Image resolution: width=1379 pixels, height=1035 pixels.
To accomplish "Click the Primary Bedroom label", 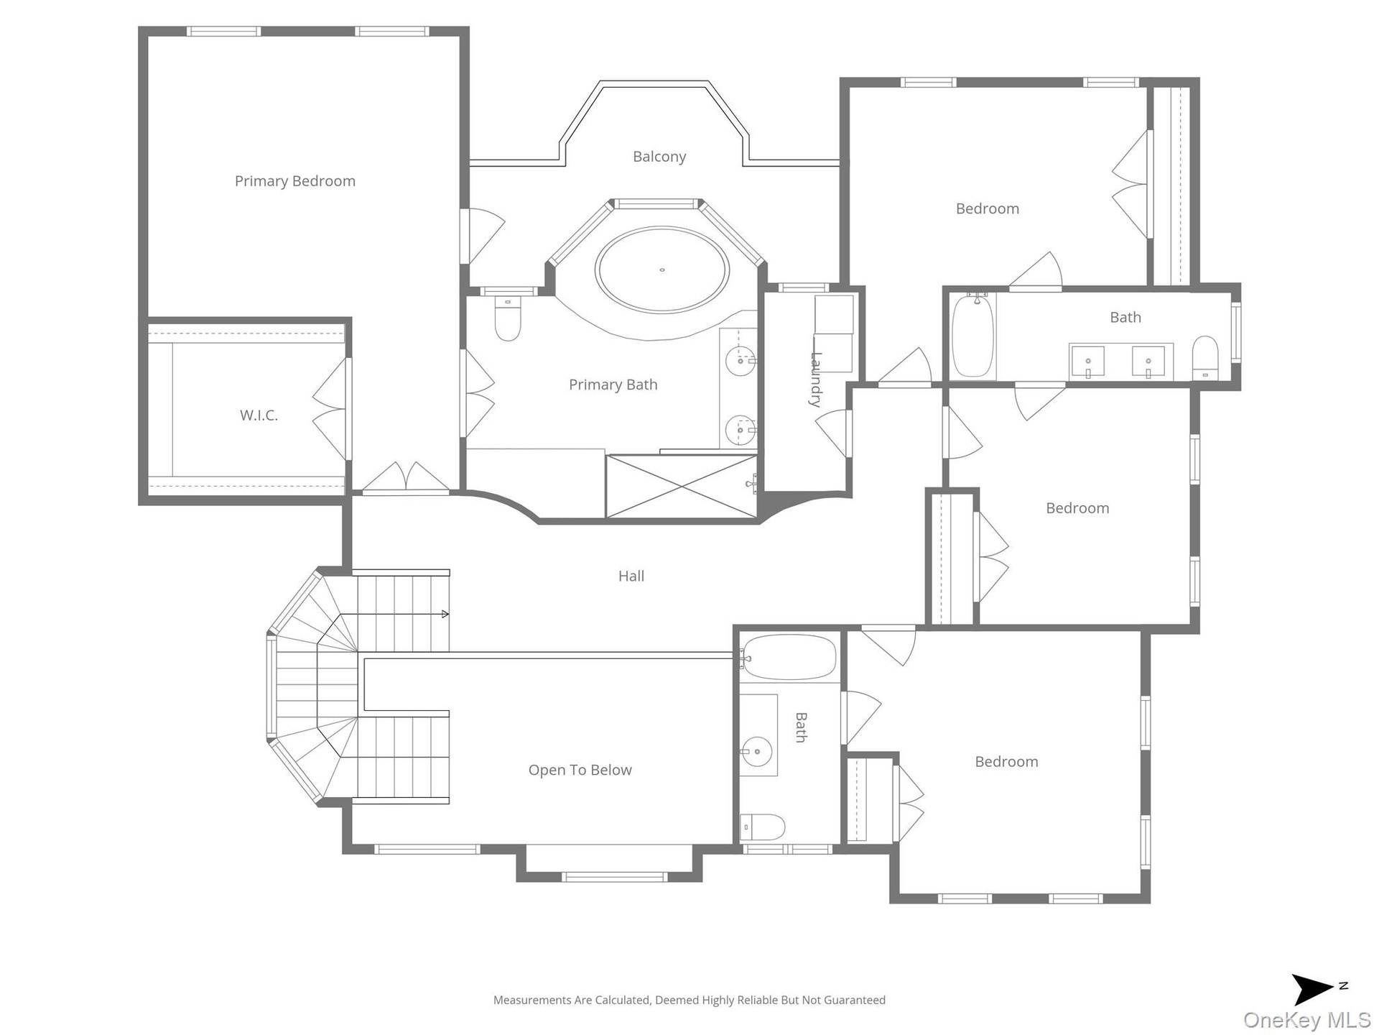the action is (x=295, y=181).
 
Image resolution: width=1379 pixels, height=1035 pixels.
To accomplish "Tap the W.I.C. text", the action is (x=259, y=415).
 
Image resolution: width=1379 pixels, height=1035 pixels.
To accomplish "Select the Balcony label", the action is (x=659, y=157).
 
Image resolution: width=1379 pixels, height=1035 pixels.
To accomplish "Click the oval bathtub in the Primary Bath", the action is (x=661, y=270).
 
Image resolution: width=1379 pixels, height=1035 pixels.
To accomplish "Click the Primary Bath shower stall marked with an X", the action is (x=681, y=486).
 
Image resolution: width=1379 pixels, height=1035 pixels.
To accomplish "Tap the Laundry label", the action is (x=816, y=379).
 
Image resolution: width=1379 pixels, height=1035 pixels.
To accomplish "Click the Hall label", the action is (x=631, y=576).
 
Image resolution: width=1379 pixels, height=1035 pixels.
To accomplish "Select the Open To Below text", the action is (x=580, y=770).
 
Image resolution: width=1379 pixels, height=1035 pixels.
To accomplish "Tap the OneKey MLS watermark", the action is (x=1307, y=1020).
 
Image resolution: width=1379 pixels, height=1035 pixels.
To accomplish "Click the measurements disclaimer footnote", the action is (x=689, y=1000).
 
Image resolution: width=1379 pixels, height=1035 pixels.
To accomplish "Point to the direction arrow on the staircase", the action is (x=445, y=614).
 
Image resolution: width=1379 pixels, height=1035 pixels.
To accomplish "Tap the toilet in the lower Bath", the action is (x=762, y=827).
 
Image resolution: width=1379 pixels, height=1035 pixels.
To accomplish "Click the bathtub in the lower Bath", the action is (x=789, y=657).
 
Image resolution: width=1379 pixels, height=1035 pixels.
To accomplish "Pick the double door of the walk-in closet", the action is (x=331, y=409).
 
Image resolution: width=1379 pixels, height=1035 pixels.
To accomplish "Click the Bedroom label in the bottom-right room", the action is (x=1006, y=762).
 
